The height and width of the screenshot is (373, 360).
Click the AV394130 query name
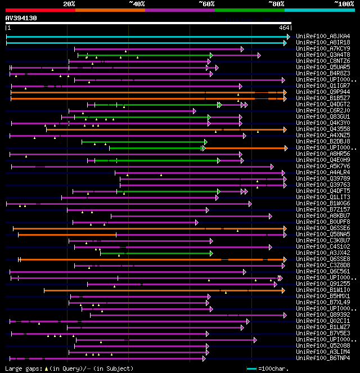(x=21, y=18)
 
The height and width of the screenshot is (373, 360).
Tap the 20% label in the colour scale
(x=69, y=4)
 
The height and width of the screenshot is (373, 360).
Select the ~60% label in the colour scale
(x=206, y=4)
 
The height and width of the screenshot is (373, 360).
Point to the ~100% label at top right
(x=344, y=4)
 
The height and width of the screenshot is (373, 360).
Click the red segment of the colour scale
(x=40, y=10)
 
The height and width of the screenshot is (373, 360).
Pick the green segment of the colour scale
(x=249, y=10)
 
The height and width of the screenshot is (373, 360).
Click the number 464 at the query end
(x=284, y=28)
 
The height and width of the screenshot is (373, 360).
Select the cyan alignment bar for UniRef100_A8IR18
(x=146, y=42)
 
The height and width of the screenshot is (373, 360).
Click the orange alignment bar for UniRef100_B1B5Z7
(x=146, y=98)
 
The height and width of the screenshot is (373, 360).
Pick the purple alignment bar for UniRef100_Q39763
(x=202, y=185)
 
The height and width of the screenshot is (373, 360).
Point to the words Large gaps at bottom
(x=22, y=368)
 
